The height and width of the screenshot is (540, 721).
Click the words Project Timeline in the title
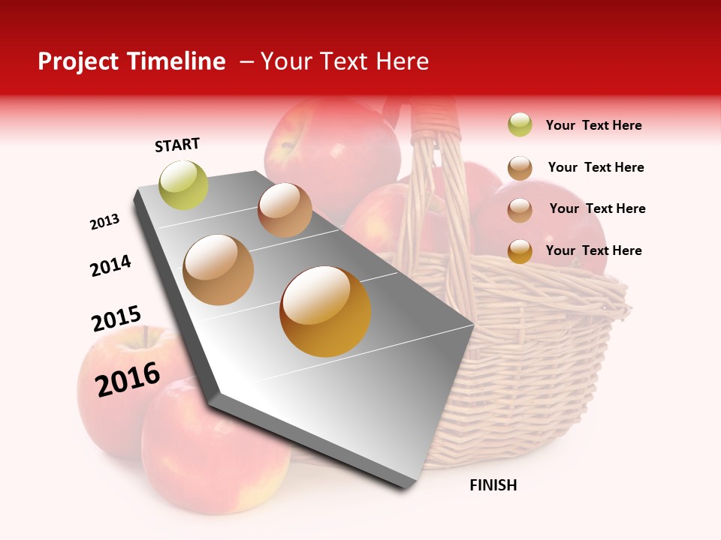(x=131, y=61)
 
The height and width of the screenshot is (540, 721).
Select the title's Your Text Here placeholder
(x=345, y=61)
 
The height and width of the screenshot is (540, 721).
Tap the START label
(x=177, y=145)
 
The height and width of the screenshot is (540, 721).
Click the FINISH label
(x=493, y=485)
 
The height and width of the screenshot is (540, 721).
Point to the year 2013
(x=104, y=222)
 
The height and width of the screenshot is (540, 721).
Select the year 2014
(x=110, y=265)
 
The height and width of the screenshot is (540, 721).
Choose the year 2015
(x=116, y=319)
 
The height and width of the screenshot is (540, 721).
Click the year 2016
(x=127, y=379)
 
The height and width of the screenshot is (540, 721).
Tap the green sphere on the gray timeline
(x=183, y=184)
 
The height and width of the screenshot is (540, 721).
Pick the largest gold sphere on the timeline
(x=325, y=311)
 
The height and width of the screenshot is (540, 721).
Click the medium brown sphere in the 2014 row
(x=219, y=270)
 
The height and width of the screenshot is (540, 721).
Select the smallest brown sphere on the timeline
(x=285, y=210)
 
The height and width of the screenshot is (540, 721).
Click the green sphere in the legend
(x=520, y=125)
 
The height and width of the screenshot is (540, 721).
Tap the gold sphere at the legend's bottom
(x=520, y=251)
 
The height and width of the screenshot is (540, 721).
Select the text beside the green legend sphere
(x=593, y=125)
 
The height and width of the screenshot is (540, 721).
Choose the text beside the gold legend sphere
(x=593, y=250)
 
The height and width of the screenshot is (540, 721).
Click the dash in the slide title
(x=246, y=62)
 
